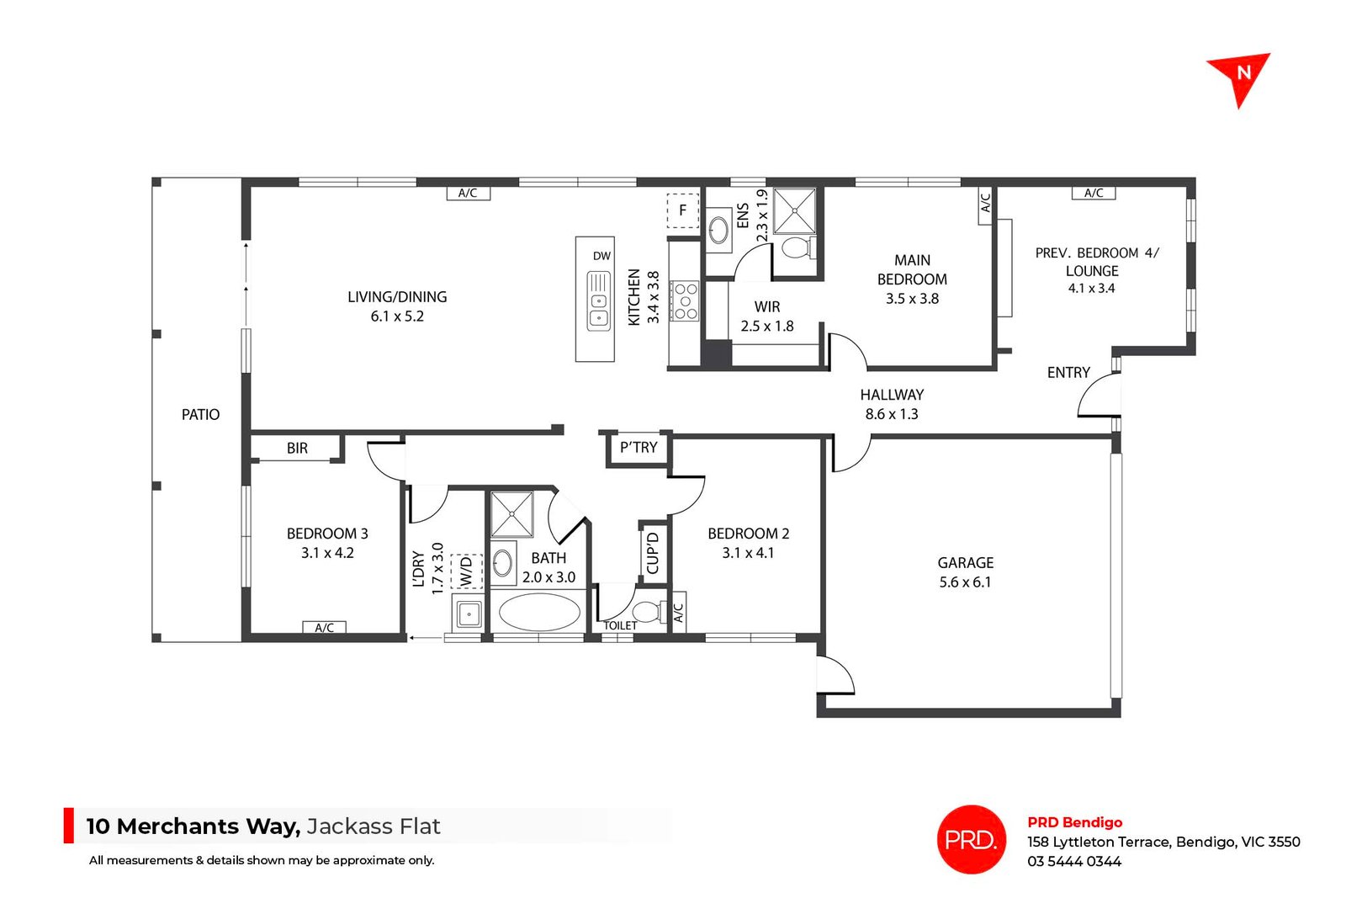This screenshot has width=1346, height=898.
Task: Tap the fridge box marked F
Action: [x=683, y=210]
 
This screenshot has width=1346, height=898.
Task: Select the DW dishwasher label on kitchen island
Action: [x=601, y=256]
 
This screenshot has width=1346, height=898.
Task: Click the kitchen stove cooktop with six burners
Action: [x=685, y=300]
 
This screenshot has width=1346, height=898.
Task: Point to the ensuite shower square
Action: [x=794, y=211]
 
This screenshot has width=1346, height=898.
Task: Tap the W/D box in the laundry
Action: [x=467, y=571]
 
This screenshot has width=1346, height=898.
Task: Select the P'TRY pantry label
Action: [x=639, y=448]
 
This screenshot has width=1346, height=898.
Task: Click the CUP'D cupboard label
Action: [x=653, y=553]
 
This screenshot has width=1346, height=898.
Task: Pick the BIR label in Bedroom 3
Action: [x=297, y=449]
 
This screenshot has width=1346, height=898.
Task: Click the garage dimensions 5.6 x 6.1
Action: [x=965, y=582]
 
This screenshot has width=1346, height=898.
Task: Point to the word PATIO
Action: [x=201, y=415]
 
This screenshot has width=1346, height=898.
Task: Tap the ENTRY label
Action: [x=1068, y=373]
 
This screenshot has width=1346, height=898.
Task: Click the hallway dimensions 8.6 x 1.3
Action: [x=892, y=414]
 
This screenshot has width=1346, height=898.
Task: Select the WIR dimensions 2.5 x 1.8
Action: [x=767, y=327]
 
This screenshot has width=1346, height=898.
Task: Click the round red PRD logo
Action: [x=972, y=839]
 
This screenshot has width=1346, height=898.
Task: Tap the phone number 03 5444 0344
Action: [x=1074, y=861]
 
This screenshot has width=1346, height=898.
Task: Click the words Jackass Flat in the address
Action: [x=374, y=826]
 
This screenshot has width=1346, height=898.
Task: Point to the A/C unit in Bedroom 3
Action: [x=324, y=628]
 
